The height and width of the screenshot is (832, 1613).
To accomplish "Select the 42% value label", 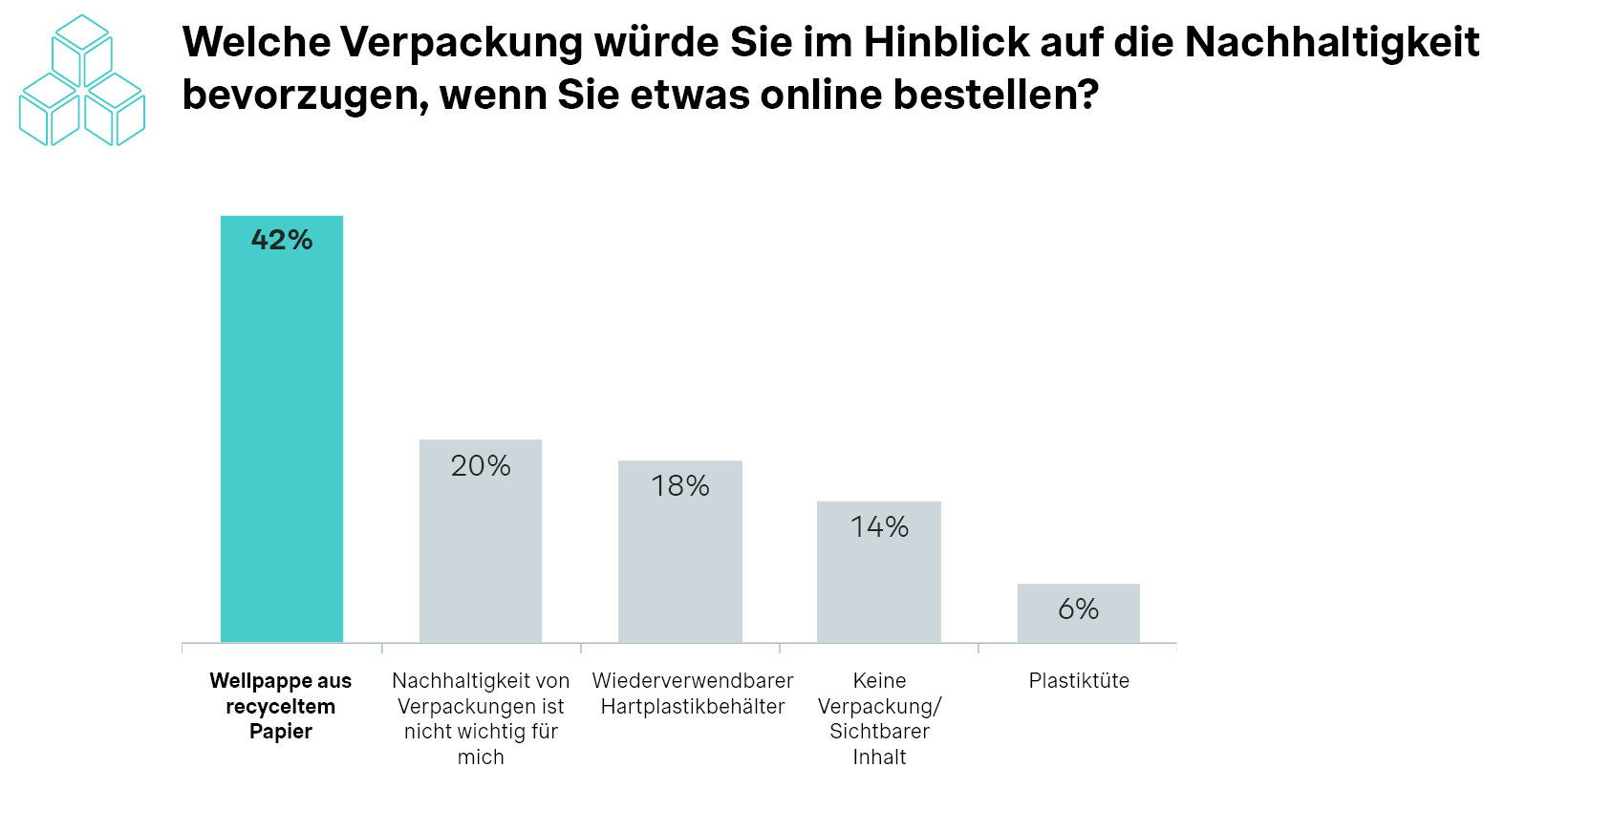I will (282, 240).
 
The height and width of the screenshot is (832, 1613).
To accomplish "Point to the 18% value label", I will (680, 486).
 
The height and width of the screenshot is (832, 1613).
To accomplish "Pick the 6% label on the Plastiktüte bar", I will (1078, 609).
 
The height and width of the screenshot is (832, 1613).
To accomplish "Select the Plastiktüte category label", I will (1079, 681).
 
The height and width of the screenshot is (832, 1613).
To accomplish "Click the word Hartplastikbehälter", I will (693, 707).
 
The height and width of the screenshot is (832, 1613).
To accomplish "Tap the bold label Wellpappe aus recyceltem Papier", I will (281, 706).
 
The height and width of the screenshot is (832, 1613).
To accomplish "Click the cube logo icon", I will (82, 81).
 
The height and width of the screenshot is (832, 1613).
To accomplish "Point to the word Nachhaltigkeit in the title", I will (1332, 42).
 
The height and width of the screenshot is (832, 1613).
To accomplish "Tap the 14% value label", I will (879, 527).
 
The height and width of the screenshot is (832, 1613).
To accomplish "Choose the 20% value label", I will (481, 466).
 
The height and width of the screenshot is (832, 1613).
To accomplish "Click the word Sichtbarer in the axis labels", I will (879, 732).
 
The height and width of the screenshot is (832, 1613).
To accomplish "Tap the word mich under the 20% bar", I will (481, 757).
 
